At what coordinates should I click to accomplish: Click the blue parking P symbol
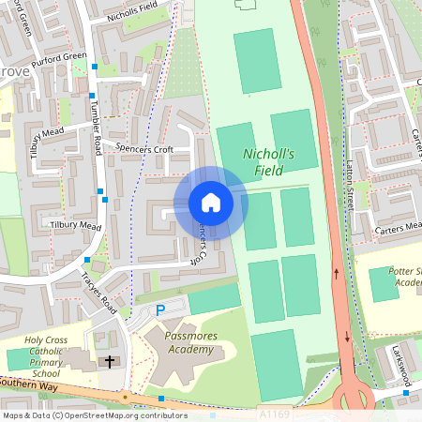pyautogui.click(x=160, y=309)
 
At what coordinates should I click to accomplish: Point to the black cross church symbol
pyautogui.click(x=110, y=361)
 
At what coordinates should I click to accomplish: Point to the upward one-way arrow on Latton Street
pyautogui.click(x=336, y=273)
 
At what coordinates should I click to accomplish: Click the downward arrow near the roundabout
pyautogui.click(x=347, y=338)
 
